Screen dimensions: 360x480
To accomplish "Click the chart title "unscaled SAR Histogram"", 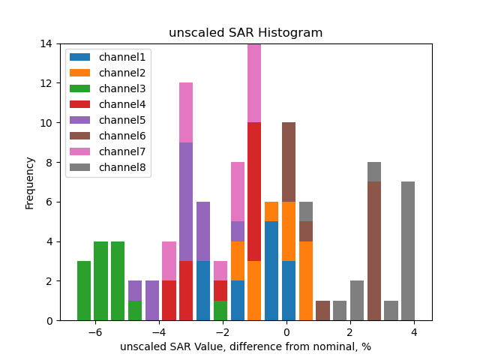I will [x=245, y=33].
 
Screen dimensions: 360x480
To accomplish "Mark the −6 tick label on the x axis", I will [x=94, y=331].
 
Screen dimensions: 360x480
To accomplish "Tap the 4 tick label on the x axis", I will [x=413, y=331].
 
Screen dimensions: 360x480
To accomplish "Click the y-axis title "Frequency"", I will [x=30, y=182].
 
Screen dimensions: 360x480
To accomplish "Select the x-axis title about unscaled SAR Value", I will [x=245, y=346].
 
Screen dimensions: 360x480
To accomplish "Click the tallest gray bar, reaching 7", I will [x=408, y=251].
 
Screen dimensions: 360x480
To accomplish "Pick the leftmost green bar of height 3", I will [x=84, y=291].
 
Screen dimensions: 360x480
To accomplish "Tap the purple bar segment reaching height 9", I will [x=186, y=202].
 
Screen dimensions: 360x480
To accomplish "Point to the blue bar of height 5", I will [x=271, y=271].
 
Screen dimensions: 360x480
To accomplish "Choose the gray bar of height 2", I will [x=357, y=301].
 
